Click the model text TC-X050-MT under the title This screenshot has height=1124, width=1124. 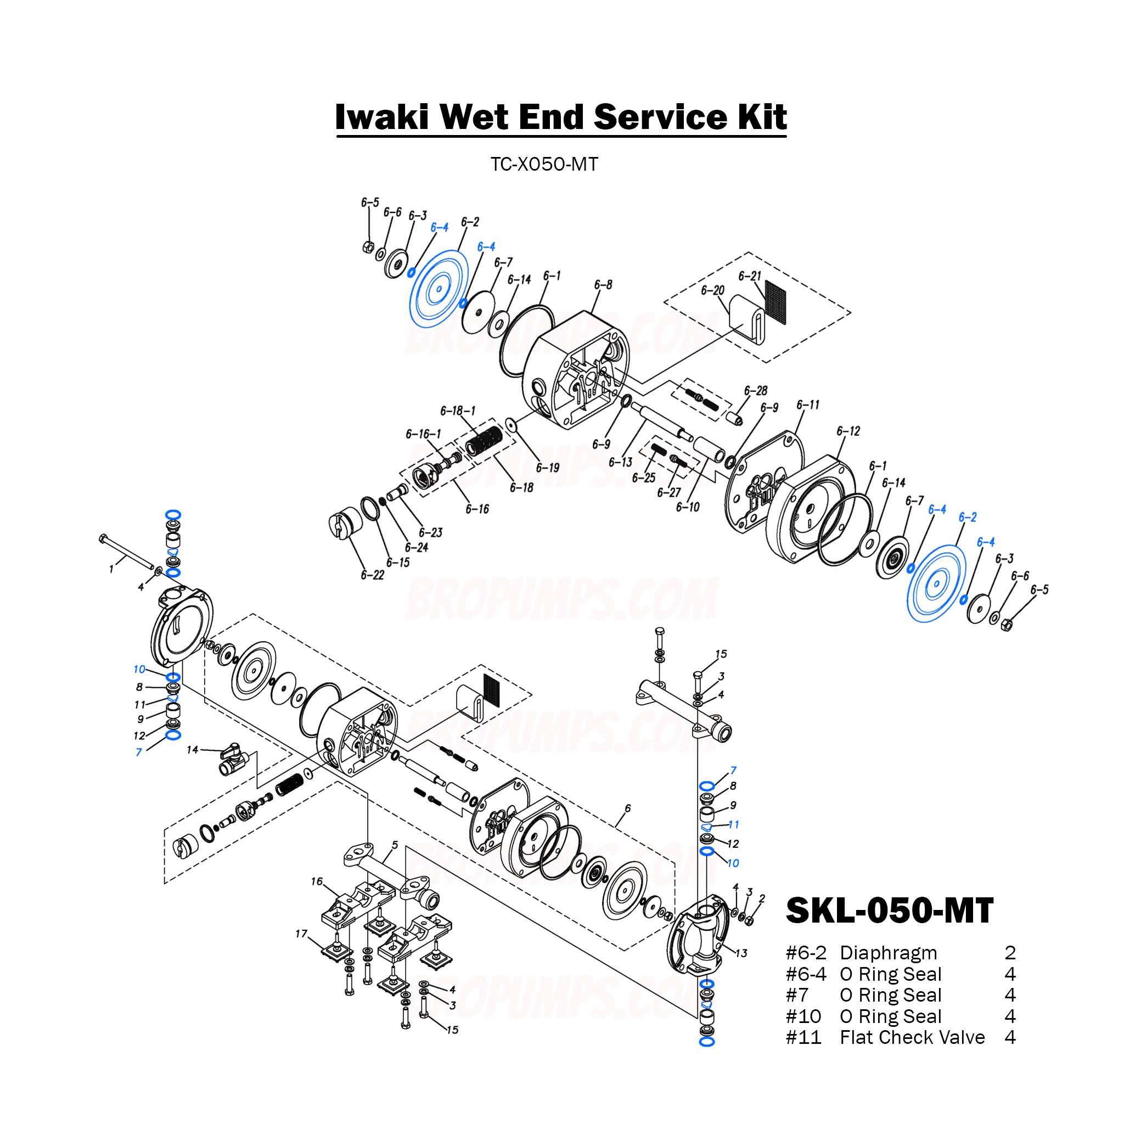(544, 165)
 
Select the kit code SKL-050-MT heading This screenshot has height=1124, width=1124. (889, 911)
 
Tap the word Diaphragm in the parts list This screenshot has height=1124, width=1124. (889, 953)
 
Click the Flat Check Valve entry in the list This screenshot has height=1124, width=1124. (912, 1037)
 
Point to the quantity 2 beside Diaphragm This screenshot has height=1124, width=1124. (1010, 953)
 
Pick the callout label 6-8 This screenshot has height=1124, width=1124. (603, 284)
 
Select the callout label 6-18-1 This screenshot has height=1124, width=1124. (457, 411)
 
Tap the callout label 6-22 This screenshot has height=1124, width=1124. (372, 575)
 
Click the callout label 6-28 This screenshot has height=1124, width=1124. (755, 390)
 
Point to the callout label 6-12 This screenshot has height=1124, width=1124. (847, 431)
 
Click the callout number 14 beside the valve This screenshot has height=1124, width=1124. (192, 750)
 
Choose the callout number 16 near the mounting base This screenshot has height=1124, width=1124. (317, 881)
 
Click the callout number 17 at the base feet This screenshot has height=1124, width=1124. (301, 934)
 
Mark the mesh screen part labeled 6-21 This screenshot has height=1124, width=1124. (775, 302)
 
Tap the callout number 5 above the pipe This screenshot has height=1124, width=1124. (395, 845)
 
